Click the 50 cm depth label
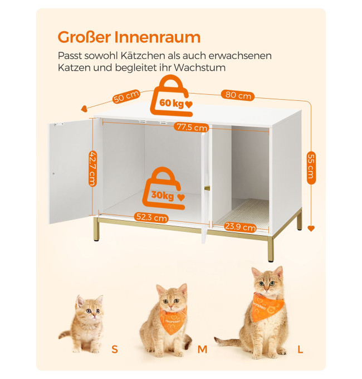126,96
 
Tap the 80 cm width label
238,95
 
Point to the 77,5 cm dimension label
192,127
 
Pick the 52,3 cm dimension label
151,217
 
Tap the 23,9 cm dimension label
240,227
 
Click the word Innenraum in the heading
157,37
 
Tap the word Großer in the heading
84,37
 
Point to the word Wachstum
199,67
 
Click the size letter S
115,349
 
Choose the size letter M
202,349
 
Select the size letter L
300,349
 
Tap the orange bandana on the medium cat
173,319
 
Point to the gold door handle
207,188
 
